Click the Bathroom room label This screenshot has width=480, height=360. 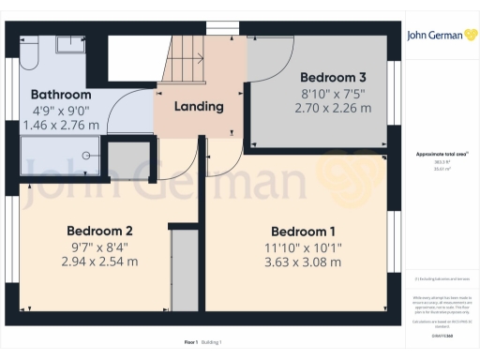coord(61,95)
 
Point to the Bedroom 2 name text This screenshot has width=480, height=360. coord(98,231)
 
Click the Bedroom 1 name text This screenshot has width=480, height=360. coord(303,232)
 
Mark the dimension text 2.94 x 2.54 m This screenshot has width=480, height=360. coord(98,262)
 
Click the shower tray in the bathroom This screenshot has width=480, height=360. coord(58,155)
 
